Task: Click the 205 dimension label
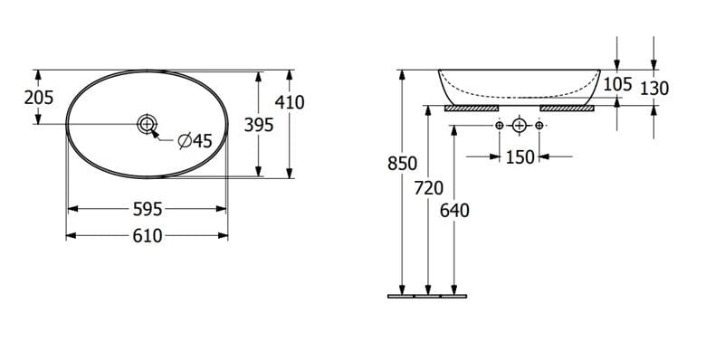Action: [x=39, y=97]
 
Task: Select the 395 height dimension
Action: [x=259, y=125]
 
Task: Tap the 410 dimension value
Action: [x=290, y=102]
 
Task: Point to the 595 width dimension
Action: [x=148, y=209]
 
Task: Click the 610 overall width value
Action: [x=148, y=236]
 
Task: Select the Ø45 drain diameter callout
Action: [x=195, y=141]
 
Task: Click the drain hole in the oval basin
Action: [x=148, y=123]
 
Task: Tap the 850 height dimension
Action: [x=402, y=164]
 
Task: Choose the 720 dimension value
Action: [x=429, y=188]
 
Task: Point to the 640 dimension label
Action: [x=454, y=210]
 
